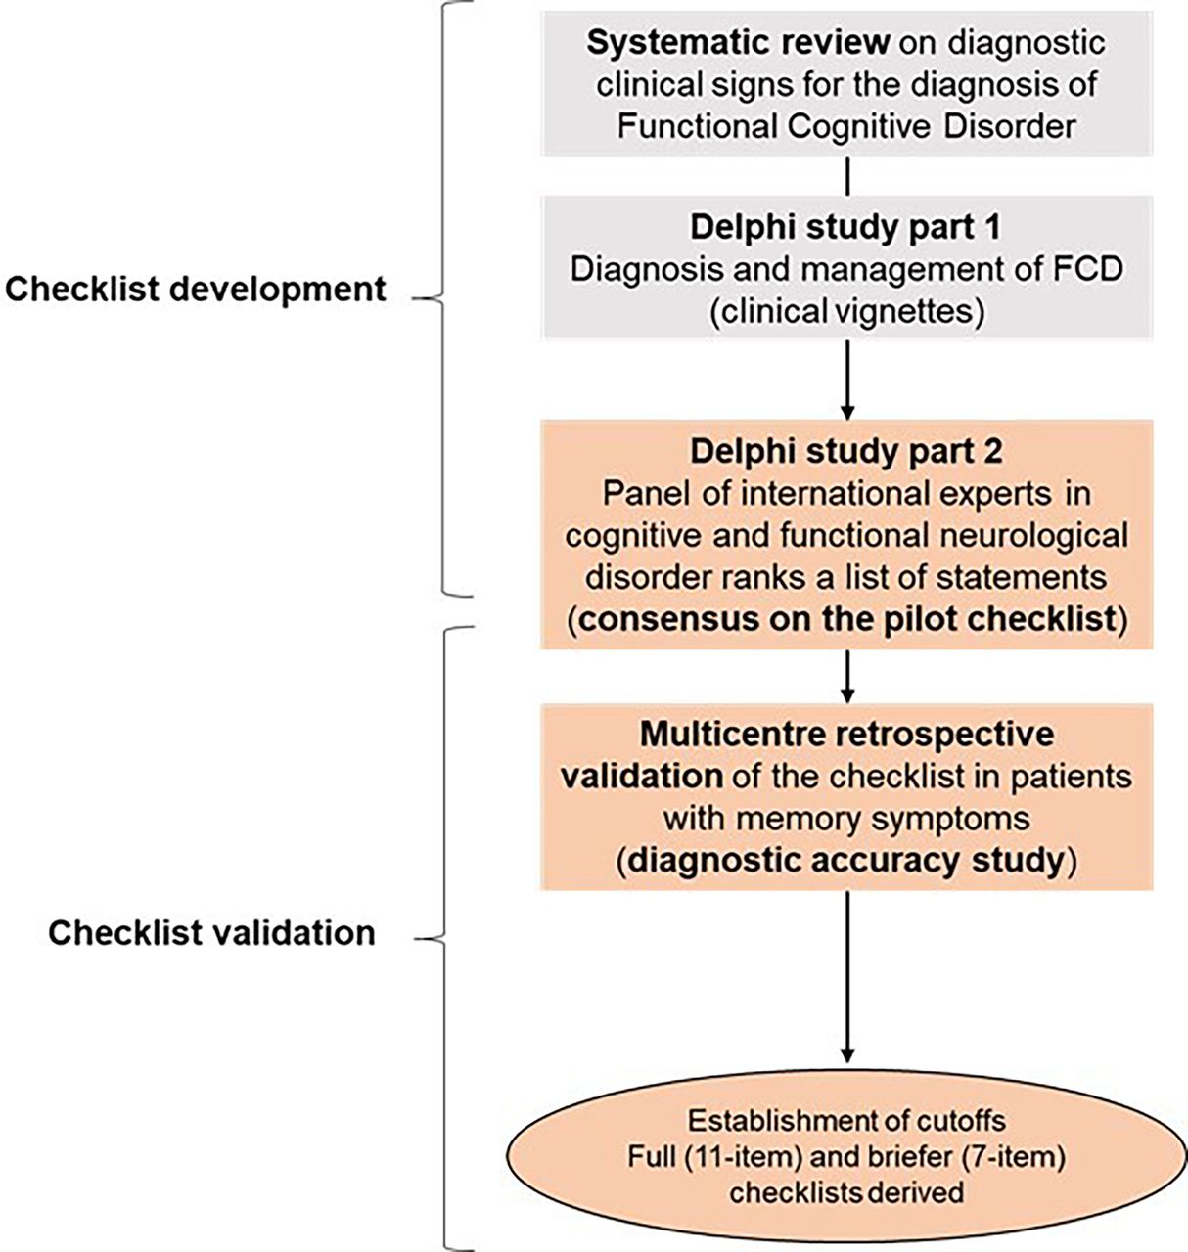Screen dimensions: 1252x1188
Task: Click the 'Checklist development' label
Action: pyautogui.click(x=196, y=289)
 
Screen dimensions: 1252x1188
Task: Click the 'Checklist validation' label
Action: pyautogui.click(x=211, y=932)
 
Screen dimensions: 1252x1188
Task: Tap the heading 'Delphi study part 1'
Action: pyautogui.click(x=845, y=227)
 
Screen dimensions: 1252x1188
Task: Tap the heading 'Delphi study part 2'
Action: pyautogui.click(x=845, y=451)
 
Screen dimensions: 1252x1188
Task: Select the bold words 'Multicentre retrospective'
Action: pyautogui.click(x=845, y=734)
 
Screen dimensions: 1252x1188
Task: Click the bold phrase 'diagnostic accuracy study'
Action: pyautogui.click(x=845, y=860)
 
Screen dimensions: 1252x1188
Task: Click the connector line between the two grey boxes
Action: pyautogui.click(x=846, y=176)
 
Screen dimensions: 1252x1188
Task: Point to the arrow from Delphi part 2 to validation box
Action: pyautogui.click(x=846, y=675)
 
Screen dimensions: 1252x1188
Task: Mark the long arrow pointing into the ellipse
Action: pyautogui.click(x=846, y=978)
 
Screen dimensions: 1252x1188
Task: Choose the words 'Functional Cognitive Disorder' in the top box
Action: pyautogui.click(x=845, y=126)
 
